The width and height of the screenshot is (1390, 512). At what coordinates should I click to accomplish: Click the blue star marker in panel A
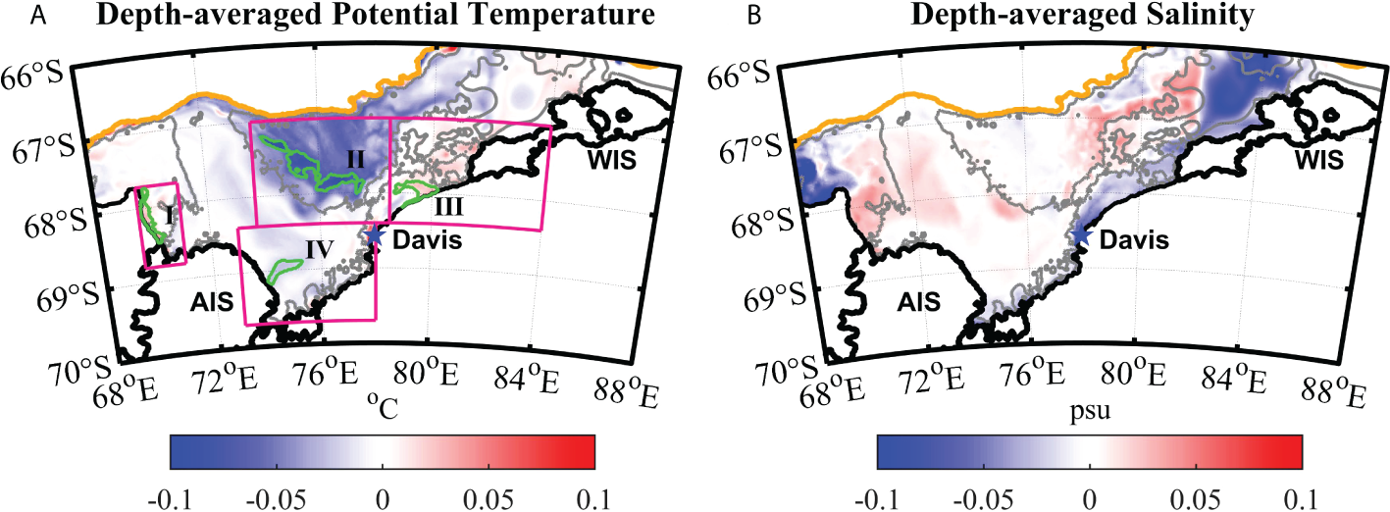374,234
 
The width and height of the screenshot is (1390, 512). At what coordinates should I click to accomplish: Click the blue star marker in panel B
1080,234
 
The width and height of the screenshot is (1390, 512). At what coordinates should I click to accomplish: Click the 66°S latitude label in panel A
38,75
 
